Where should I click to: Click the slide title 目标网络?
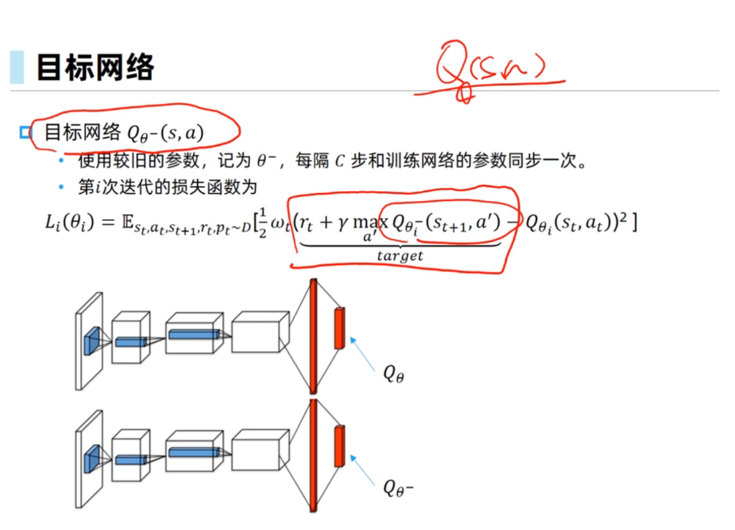95,67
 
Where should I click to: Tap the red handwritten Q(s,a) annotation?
490,68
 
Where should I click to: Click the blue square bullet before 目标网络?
25,132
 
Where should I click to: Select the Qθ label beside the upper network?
393,374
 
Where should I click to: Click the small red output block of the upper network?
339,328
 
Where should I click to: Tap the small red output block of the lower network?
339,446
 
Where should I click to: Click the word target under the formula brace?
400,256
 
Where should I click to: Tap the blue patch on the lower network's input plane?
92,456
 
